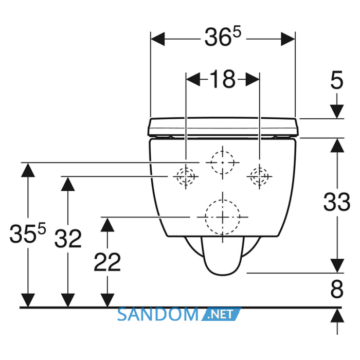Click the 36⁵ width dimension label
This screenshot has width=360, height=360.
223,37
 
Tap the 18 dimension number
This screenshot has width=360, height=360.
223,79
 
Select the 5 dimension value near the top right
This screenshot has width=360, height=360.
337,80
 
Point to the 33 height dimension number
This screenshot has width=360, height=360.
337,202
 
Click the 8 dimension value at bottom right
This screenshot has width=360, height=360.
337,289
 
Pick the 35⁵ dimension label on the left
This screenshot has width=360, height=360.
28,233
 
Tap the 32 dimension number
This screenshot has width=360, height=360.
68,239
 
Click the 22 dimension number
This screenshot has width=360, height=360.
107,262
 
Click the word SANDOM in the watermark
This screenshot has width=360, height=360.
158,315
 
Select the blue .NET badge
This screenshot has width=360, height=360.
221,314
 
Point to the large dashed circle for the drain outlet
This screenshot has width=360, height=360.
223,217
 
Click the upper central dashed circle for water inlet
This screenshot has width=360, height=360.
223,163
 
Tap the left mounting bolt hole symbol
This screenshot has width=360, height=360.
186,176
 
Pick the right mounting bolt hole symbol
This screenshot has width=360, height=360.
259,176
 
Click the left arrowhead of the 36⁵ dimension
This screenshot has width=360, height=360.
157,39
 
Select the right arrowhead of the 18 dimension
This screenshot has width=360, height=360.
253,79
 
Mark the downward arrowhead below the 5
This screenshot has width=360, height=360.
337,112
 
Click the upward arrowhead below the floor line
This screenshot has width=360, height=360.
337,315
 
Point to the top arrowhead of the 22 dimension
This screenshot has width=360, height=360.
107,225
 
